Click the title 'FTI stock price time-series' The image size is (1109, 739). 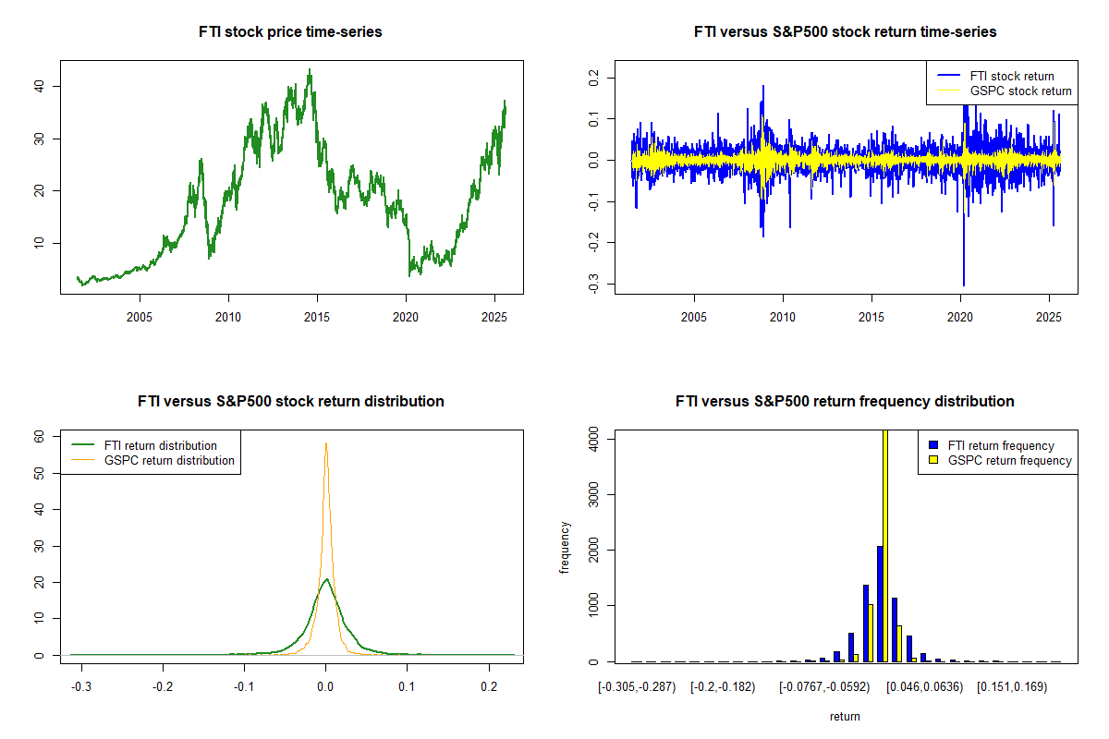click(x=290, y=31)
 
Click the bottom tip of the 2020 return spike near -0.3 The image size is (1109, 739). click(x=964, y=285)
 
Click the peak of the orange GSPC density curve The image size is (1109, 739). click(x=325, y=443)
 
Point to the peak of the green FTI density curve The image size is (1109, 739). click(x=325, y=579)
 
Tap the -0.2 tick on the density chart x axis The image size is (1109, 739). click(x=163, y=688)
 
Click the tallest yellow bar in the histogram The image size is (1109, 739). click(x=885, y=545)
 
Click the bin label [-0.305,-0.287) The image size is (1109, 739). click(x=638, y=688)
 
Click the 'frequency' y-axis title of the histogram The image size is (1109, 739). click(x=565, y=548)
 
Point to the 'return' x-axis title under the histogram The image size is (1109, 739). click(x=845, y=716)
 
